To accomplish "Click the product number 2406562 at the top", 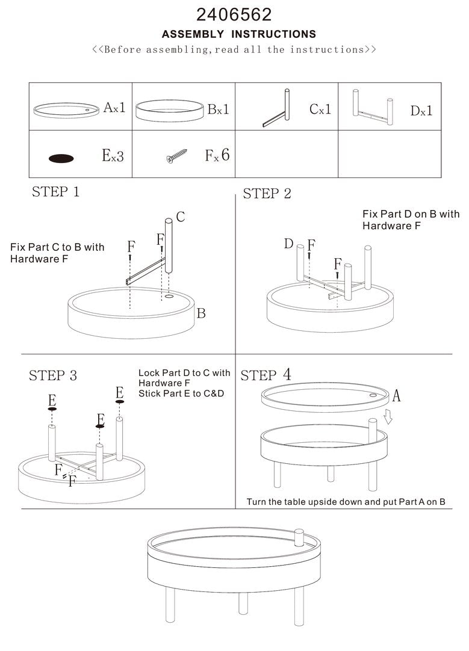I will pyautogui.click(x=234, y=14).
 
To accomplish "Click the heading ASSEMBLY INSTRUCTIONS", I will pyautogui.click(x=238, y=34).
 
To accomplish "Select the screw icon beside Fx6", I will pyautogui.click(x=178, y=156).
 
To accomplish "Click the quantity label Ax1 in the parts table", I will pyautogui.click(x=114, y=108).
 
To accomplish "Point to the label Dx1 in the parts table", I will pyautogui.click(x=421, y=111).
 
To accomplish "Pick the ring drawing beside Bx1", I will pyautogui.click(x=169, y=110).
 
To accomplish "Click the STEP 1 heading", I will pyautogui.click(x=55, y=193).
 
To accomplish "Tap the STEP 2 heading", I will pyautogui.click(x=267, y=194).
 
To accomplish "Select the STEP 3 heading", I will pyautogui.click(x=53, y=376).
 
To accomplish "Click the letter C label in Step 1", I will pyautogui.click(x=180, y=217).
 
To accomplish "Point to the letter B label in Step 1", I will pyautogui.click(x=201, y=313).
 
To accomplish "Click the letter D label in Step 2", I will pyautogui.click(x=288, y=244).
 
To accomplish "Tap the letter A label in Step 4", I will pyautogui.click(x=396, y=396).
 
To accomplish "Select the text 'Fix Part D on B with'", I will pyautogui.click(x=411, y=214).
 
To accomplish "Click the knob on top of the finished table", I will pyautogui.click(x=299, y=536).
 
